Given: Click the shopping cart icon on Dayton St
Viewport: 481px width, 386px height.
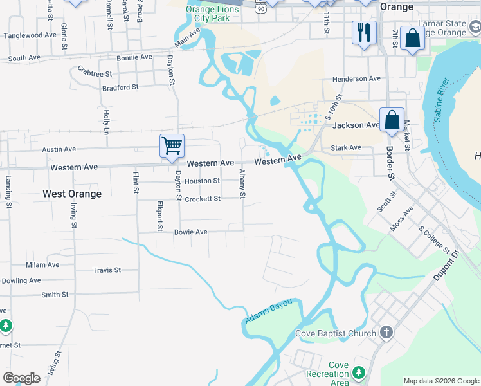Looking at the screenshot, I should point(172,145).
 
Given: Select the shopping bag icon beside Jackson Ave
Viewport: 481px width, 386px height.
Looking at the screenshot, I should point(392,120).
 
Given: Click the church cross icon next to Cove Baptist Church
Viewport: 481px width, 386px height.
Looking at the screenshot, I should point(386,333).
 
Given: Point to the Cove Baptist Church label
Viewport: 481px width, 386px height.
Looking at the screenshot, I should point(335,333).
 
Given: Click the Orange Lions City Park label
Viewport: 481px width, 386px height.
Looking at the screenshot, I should point(208,14).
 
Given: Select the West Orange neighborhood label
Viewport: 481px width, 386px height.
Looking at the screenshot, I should point(72,194).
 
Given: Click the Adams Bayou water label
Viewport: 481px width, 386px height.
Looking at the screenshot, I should point(268,311).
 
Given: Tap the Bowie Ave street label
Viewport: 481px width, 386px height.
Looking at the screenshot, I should point(190,232).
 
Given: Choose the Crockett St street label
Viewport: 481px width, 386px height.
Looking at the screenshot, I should point(203,199).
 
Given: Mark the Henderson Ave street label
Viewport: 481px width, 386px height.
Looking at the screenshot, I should point(356,79).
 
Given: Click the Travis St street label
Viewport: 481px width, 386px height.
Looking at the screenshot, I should point(107,270).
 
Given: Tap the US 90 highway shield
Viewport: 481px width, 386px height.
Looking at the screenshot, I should point(259,8).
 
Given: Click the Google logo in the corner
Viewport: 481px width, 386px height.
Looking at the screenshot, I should point(21,378).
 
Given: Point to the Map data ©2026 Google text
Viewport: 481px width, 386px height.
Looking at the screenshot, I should point(440,381).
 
